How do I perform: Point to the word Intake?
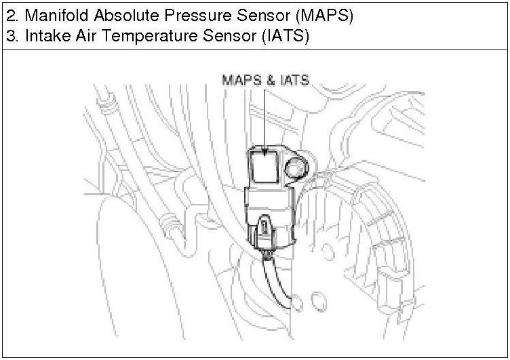[44, 37]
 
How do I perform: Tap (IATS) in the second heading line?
[285, 37]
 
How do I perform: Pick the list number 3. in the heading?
[12, 37]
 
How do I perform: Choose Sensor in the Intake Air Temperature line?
[231, 37]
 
